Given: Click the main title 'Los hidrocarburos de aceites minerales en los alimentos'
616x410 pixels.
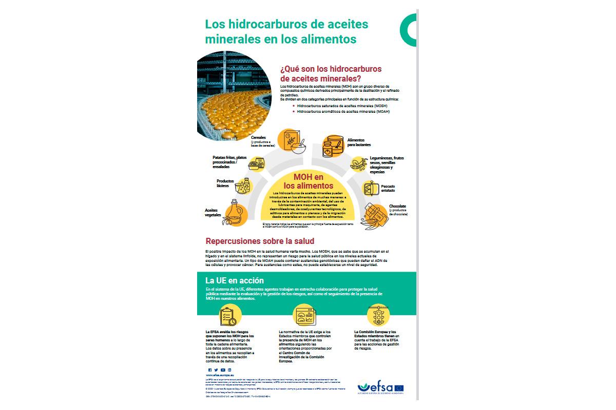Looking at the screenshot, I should pyautogui.click(x=286, y=31).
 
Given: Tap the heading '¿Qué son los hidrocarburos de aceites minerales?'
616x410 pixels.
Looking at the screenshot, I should pyautogui.click(x=331, y=73).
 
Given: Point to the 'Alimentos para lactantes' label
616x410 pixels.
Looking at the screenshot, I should pyautogui.click(x=359, y=142).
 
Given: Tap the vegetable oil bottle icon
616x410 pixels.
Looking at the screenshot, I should pyautogui.click(x=233, y=212).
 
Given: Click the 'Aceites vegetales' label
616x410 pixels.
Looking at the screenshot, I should pyautogui.click(x=213, y=212).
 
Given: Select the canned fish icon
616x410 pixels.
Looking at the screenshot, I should pyautogui.click(x=371, y=189).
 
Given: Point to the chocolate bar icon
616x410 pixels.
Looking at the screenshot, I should pyautogui.click(x=375, y=215).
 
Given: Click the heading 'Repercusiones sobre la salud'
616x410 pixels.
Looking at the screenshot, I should pyautogui.click(x=260, y=241).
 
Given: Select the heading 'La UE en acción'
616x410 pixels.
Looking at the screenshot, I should pyautogui.click(x=234, y=280).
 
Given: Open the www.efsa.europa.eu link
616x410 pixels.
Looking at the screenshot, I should pyautogui.click(x=219, y=375).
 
